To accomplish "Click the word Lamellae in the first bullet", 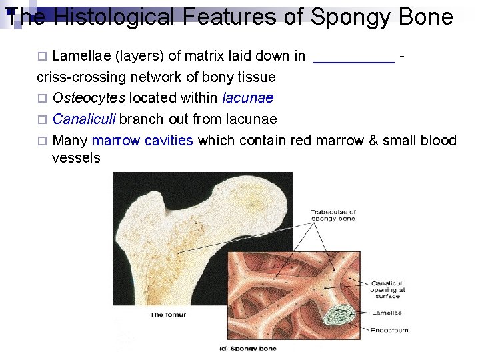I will pos(79,57).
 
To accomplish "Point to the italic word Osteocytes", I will pos(89,98).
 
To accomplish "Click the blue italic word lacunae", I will pos(247,98).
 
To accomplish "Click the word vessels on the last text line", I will pos(76,158).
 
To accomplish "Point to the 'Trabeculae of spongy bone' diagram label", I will pos(333,215).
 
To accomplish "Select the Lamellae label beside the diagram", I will pos(387,312).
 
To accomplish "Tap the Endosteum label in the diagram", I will pos(389,329).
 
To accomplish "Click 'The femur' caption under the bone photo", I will pos(168,315).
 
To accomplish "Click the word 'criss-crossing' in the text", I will pos(75,77).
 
